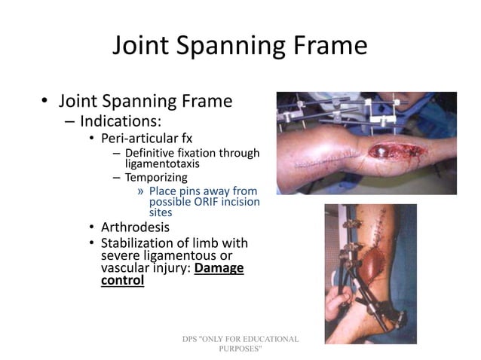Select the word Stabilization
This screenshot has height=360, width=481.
tap(140, 243)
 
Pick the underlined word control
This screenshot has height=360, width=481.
tap(122, 281)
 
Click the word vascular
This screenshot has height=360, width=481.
tap(125, 268)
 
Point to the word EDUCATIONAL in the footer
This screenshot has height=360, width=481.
tap(267, 340)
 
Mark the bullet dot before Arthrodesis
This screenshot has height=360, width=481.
tap(91, 227)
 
